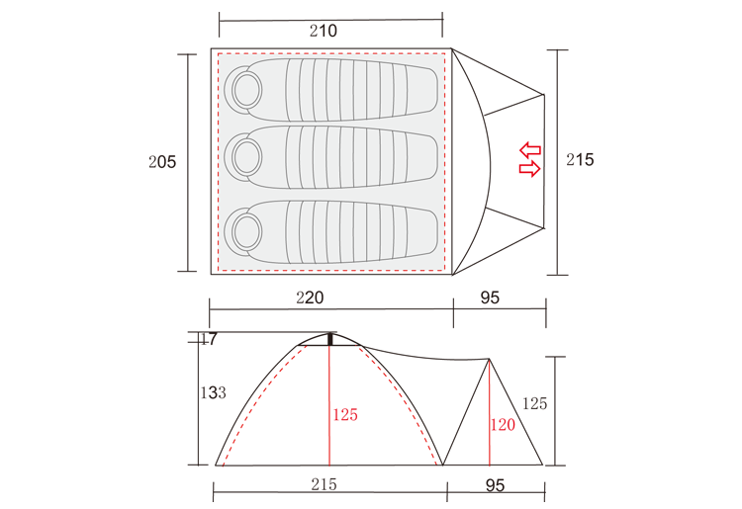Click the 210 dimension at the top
pyautogui.click(x=324, y=31)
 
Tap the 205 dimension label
pyautogui.click(x=162, y=162)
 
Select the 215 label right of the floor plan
pyautogui.click(x=580, y=160)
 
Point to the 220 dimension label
pyautogui.click(x=310, y=297)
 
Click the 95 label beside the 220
pyautogui.click(x=490, y=297)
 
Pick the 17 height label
pyautogui.click(x=209, y=339)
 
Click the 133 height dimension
pyautogui.click(x=213, y=392)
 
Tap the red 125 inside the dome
pyautogui.click(x=345, y=415)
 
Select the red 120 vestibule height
pyautogui.click(x=503, y=425)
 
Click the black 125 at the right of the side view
pyautogui.click(x=534, y=403)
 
